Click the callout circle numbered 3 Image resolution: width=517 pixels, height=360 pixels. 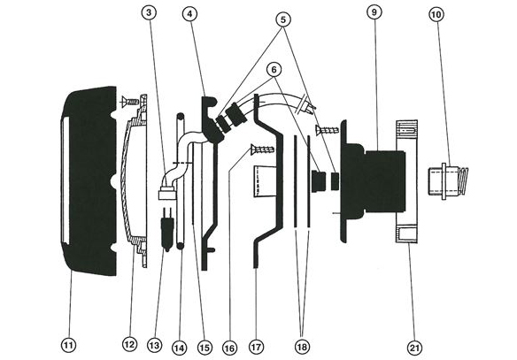point(150,12)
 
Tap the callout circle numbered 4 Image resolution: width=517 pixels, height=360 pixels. point(189,14)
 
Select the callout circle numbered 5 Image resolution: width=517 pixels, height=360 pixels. point(283,19)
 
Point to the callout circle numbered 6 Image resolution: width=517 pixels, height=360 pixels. point(274,70)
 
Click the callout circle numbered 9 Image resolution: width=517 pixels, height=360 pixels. point(374,12)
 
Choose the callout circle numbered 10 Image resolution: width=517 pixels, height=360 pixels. point(436,14)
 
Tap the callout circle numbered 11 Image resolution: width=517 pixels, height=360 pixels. point(68,345)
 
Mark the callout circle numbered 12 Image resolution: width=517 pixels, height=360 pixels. point(129,344)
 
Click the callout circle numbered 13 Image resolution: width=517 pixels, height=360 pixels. point(154,346)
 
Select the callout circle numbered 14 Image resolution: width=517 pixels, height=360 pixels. point(180,348)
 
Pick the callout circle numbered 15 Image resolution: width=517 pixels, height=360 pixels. point(204,348)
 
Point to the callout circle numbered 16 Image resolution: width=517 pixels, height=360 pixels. point(230,348)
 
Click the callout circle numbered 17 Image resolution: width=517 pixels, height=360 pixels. point(256,347)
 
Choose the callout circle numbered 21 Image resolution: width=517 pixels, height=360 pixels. point(415,347)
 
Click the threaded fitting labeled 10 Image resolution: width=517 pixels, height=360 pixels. point(448,181)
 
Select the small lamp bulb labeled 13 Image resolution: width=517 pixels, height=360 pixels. point(167,229)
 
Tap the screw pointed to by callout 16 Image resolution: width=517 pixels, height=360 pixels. point(262,149)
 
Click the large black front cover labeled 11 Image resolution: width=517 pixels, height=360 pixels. point(89,180)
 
